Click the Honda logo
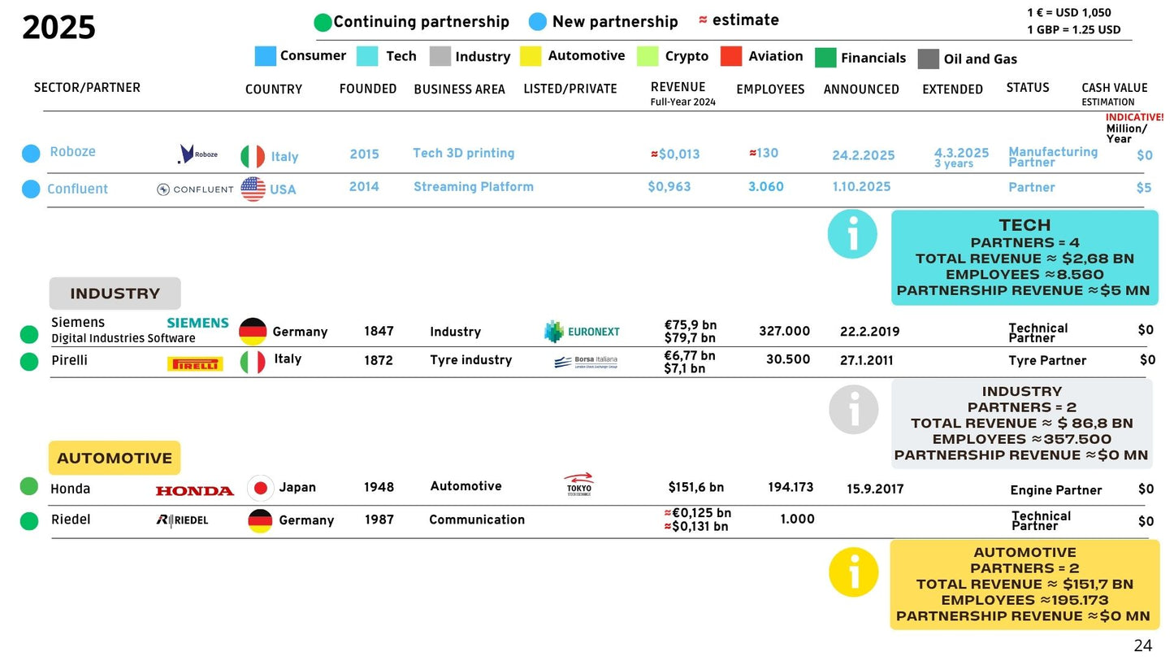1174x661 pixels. (x=194, y=490)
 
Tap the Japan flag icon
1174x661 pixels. (x=261, y=488)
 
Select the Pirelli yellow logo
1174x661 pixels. (x=195, y=364)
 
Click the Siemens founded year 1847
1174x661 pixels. (x=379, y=331)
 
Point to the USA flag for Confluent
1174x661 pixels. (x=253, y=189)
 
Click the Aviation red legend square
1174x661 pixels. (x=731, y=56)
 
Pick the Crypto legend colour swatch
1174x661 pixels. (x=648, y=56)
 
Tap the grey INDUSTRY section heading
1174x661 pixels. (x=115, y=294)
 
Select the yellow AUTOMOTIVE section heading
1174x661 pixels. (x=115, y=458)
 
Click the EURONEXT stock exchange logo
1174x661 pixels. (x=582, y=331)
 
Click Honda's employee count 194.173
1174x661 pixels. (x=790, y=487)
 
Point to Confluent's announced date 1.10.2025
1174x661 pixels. (x=861, y=186)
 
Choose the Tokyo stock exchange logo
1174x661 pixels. (x=578, y=485)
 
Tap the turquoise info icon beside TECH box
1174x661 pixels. (x=852, y=234)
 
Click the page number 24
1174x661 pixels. (x=1142, y=646)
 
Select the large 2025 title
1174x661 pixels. (x=58, y=28)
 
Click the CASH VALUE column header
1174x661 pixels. (x=1114, y=88)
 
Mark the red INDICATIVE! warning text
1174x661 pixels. (x=1134, y=117)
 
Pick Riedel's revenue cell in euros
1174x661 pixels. (x=698, y=513)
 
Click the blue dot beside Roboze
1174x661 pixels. (x=31, y=153)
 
